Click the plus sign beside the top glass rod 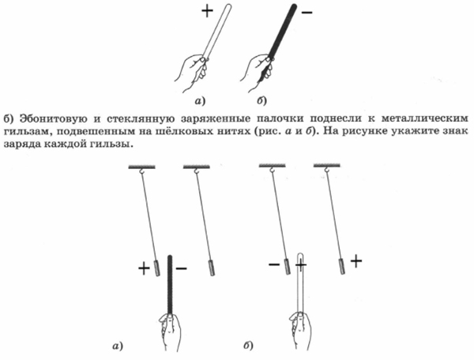207,12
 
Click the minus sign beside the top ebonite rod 307,13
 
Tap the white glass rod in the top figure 218,31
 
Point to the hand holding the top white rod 193,72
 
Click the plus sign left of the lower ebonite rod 145,268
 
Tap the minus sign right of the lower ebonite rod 181,268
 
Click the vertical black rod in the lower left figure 170,285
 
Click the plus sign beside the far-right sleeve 356,261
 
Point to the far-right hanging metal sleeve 342,266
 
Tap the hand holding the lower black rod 170,332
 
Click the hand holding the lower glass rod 299,331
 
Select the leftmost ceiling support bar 141,167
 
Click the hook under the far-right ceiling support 327,171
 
